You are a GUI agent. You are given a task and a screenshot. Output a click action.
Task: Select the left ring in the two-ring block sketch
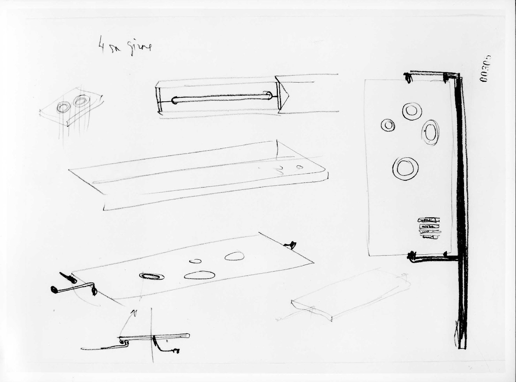[64, 107]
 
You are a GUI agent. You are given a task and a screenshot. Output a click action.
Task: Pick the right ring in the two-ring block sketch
[82, 102]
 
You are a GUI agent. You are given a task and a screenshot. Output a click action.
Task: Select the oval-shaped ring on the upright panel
[432, 132]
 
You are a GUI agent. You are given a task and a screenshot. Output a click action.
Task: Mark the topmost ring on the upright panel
[412, 111]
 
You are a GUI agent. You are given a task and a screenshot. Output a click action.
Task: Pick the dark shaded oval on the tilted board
[152, 276]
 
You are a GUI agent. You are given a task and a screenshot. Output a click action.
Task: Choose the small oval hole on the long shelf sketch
[298, 166]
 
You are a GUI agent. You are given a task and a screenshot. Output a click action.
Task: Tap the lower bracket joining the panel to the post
[432, 258]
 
